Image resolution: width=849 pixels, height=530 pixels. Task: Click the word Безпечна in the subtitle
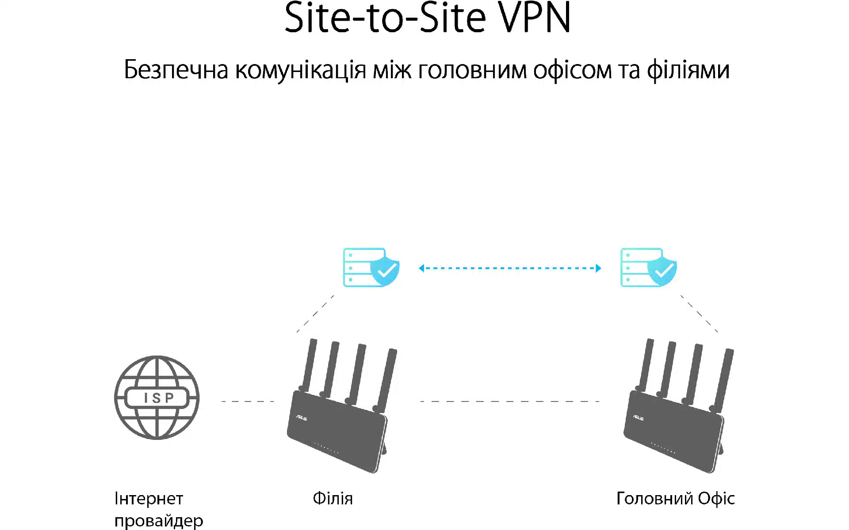[x=176, y=70]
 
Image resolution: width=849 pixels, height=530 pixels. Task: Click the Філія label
[x=333, y=499]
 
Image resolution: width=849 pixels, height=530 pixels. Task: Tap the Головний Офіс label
[x=675, y=499]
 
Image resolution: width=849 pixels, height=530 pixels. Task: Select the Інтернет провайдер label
[x=158, y=510]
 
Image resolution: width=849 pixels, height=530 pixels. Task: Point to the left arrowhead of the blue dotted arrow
[x=421, y=268]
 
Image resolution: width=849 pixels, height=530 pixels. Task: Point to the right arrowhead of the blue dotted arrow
[x=598, y=268]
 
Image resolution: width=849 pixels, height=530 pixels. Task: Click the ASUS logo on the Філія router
[x=302, y=417]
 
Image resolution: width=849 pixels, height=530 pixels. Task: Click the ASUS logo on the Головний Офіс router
[x=638, y=417]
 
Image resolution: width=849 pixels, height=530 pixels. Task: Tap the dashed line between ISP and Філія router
[x=248, y=401]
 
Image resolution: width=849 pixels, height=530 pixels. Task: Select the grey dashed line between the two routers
[x=509, y=401]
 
